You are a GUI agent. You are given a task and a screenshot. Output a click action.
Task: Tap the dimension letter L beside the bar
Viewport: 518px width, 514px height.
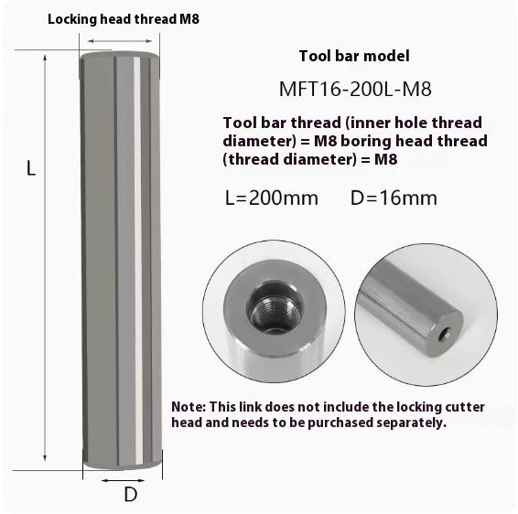[30, 168]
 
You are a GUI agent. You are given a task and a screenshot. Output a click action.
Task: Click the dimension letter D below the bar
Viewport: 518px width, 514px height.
[130, 495]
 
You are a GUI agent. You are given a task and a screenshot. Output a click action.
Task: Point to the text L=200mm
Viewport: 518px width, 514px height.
[271, 197]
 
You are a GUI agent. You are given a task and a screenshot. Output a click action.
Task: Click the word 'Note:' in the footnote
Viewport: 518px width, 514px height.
[189, 406]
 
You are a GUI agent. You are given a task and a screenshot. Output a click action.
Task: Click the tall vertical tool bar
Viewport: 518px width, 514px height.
[121, 265]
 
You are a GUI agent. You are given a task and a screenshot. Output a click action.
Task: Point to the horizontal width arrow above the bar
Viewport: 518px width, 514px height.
[120, 40]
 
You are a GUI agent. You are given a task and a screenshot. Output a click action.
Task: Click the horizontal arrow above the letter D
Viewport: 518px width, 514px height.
[122, 478]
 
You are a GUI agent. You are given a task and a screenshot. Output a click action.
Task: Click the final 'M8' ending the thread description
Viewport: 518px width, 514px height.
[385, 159]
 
